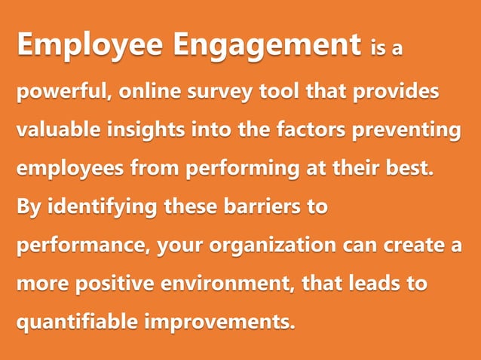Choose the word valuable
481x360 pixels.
click(60, 130)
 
